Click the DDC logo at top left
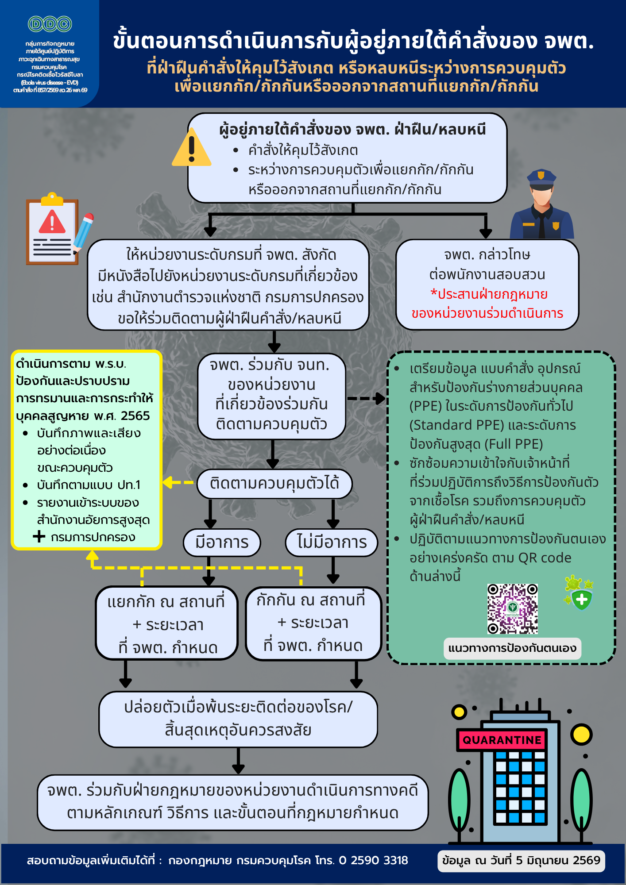[50, 24]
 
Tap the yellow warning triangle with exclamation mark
[191, 147]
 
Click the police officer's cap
[541, 177]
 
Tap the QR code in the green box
[512, 608]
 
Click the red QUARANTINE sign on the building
[502, 740]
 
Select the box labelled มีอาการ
[222, 543]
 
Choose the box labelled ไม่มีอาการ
[332, 543]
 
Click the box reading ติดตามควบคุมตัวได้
[274, 483]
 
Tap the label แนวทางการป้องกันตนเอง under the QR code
[512, 648]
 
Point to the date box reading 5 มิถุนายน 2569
[521, 861]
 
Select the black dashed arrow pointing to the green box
[366, 398]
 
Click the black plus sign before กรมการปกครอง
[39, 537]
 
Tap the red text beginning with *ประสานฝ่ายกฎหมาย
[487, 304]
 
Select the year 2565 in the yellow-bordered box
[135, 416]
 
